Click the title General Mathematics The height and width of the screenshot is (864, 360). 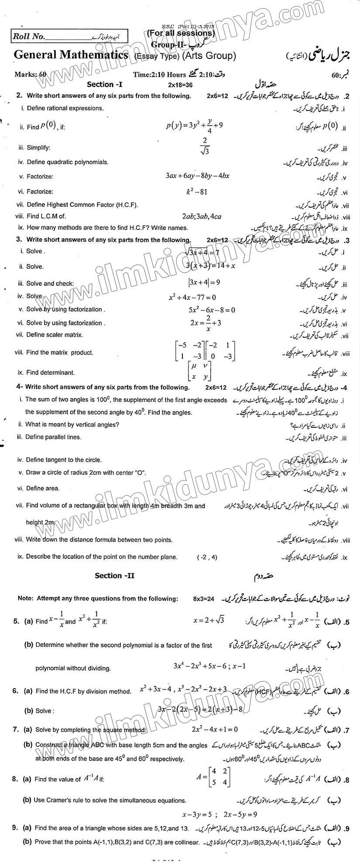click(x=71, y=55)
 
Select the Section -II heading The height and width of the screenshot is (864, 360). click(x=115, y=576)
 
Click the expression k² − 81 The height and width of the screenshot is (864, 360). click(x=197, y=191)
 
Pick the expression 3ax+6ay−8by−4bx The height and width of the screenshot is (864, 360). click(x=198, y=176)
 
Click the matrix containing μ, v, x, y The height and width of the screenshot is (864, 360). click(x=199, y=370)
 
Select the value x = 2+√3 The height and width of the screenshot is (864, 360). click(x=209, y=620)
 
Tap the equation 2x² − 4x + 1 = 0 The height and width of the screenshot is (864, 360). click(x=214, y=729)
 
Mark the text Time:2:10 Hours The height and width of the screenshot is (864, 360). click(x=160, y=74)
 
